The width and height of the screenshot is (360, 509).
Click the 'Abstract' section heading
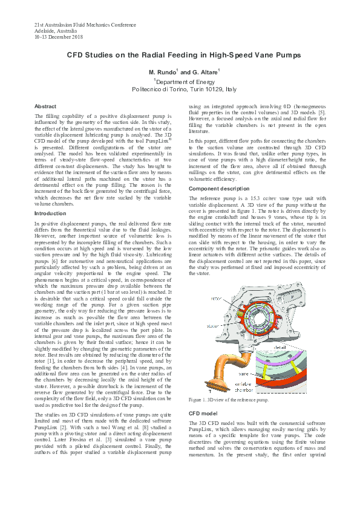point(45,106)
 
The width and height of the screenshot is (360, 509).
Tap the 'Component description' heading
point(218,189)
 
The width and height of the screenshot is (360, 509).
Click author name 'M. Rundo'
point(162,73)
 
